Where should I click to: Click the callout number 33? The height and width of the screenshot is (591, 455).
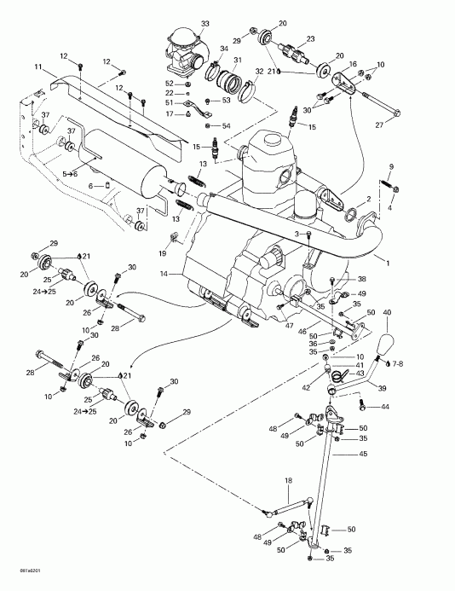[181, 23]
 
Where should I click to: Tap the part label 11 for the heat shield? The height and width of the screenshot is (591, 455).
[37, 67]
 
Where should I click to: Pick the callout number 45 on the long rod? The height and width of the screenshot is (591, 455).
[364, 455]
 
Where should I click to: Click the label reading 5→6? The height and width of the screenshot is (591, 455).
[73, 173]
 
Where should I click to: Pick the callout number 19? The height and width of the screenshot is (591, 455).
[161, 253]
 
